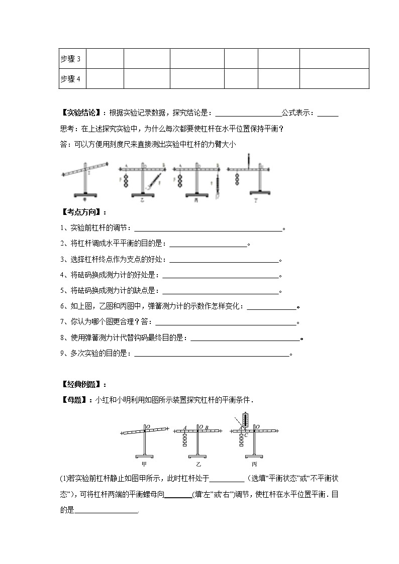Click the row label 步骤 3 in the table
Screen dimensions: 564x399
tap(70, 59)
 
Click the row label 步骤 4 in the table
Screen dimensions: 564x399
tap(70, 79)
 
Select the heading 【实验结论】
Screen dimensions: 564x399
tap(80, 113)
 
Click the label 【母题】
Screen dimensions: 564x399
tap(73, 400)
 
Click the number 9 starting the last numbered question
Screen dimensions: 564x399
tap(62, 354)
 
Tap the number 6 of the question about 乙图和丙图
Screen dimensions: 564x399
tap(62, 306)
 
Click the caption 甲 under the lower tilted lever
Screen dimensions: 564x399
tap(144, 464)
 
